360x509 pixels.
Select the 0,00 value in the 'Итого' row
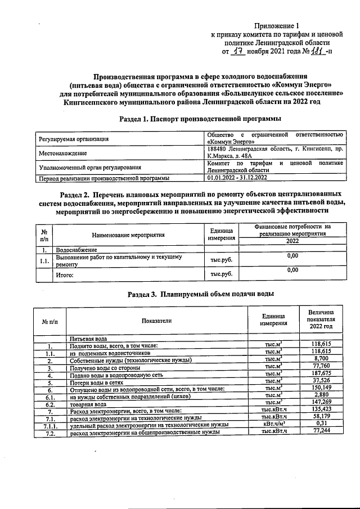(292, 271)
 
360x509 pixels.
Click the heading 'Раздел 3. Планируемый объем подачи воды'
(200, 294)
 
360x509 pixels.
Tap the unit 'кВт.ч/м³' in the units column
(276, 425)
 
